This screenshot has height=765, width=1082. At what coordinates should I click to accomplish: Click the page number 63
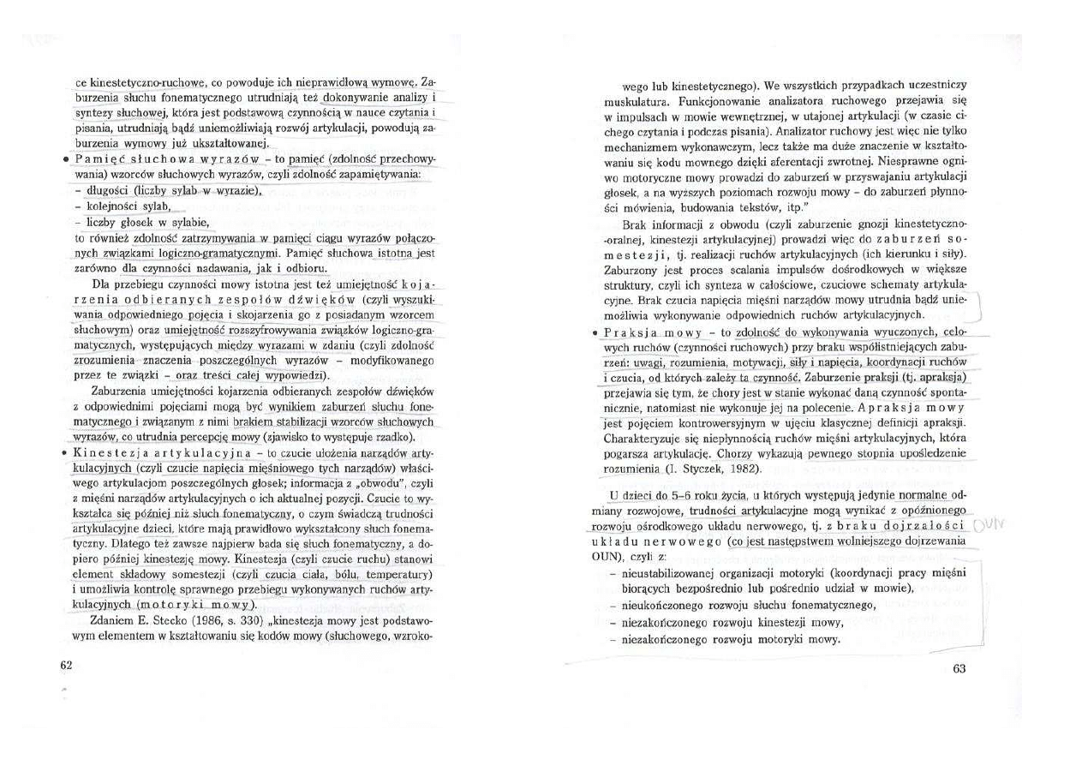click(959, 669)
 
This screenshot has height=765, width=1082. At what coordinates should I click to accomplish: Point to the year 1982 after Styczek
click(749, 469)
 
